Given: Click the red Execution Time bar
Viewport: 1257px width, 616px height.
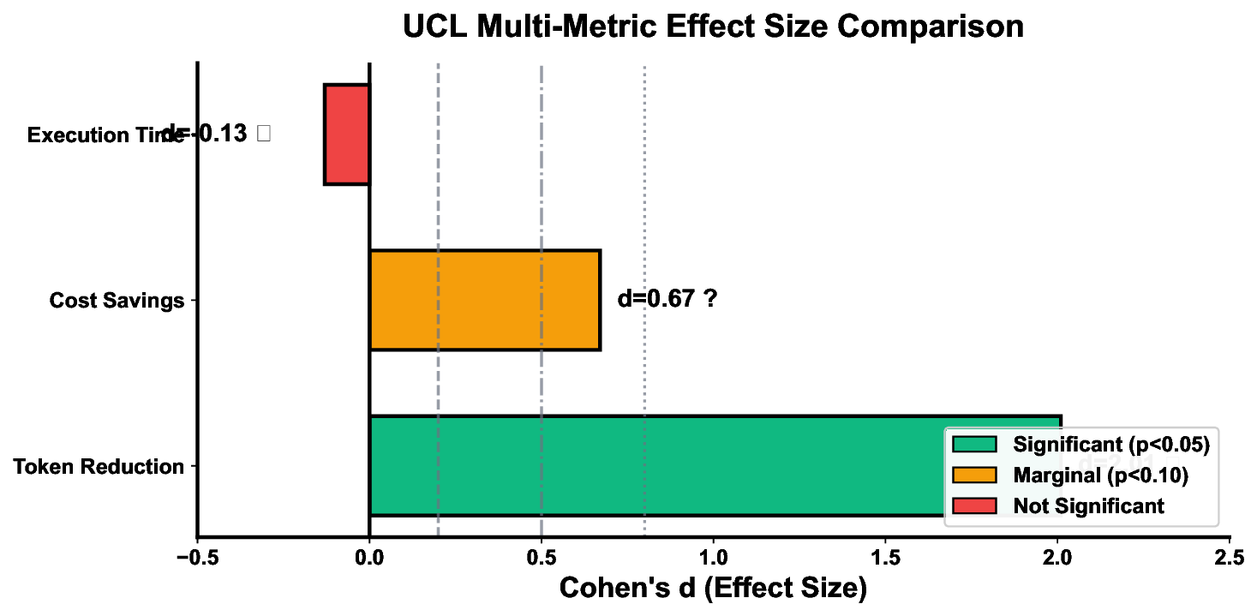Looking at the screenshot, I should (x=347, y=134).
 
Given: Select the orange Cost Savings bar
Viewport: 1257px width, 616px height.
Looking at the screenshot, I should (x=484, y=300).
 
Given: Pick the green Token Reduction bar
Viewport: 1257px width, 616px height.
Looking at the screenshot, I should (x=651, y=465).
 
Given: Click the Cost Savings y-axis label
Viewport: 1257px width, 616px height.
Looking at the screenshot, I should (x=117, y=301).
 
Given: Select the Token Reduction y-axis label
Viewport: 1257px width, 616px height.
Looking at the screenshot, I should (x=99, y=467).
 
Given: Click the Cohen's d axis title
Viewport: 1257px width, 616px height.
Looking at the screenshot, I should (x=713, y=589).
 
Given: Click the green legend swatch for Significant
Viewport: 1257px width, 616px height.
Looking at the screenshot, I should (x=974, y=444).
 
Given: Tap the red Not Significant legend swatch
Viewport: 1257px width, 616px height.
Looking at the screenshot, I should (x=974, y=505).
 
